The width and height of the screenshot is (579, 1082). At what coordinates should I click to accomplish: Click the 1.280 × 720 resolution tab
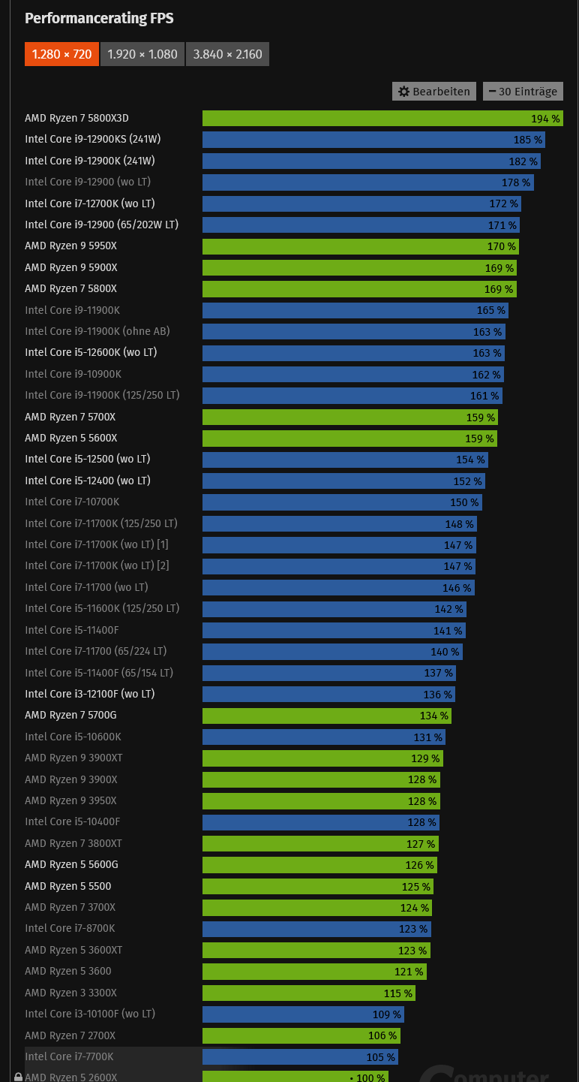(x=61, y=54)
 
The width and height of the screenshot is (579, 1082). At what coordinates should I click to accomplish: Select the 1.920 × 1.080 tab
(x=142, y=54)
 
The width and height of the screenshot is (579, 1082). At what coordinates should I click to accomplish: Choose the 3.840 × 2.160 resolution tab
(x=227, y=54)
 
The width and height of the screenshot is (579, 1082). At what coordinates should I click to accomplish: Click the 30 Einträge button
(x=523, y=92)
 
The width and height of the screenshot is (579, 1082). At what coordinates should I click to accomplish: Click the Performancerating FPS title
(x=99, y=18)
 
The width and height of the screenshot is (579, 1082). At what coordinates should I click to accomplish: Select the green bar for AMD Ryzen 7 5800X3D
(x=360, y=119)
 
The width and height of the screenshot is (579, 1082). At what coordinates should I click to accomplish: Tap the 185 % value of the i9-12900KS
(x=527, y=140)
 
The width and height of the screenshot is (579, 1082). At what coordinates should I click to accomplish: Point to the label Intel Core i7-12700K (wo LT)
(x=90, y=203)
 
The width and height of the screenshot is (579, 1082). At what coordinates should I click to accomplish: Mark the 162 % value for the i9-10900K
(x=486, y=375)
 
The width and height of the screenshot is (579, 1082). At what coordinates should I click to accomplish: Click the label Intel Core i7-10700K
(x=72, y=502)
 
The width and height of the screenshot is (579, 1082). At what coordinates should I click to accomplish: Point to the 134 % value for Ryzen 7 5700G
(x=433, y=716)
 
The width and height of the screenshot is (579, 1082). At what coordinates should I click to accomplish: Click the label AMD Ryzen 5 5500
(x=68, y=886)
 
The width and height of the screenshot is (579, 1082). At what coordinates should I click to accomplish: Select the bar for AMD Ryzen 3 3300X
(x=300, y=993)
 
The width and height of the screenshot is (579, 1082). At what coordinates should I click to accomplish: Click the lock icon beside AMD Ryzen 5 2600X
(x=18, y=1077)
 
